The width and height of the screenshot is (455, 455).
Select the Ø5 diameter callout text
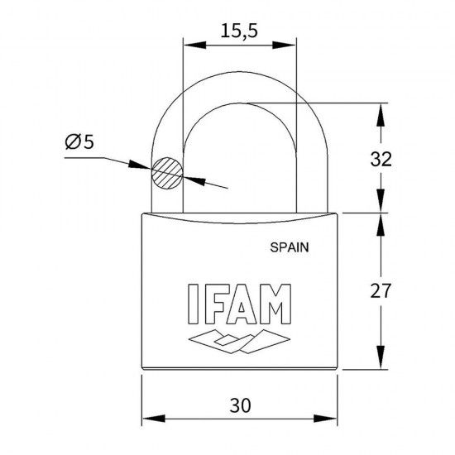click(x=79, y=142)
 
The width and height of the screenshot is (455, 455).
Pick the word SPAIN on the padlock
click(x=290, y=246)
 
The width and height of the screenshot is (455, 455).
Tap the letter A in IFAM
click(x=242, y=307)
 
